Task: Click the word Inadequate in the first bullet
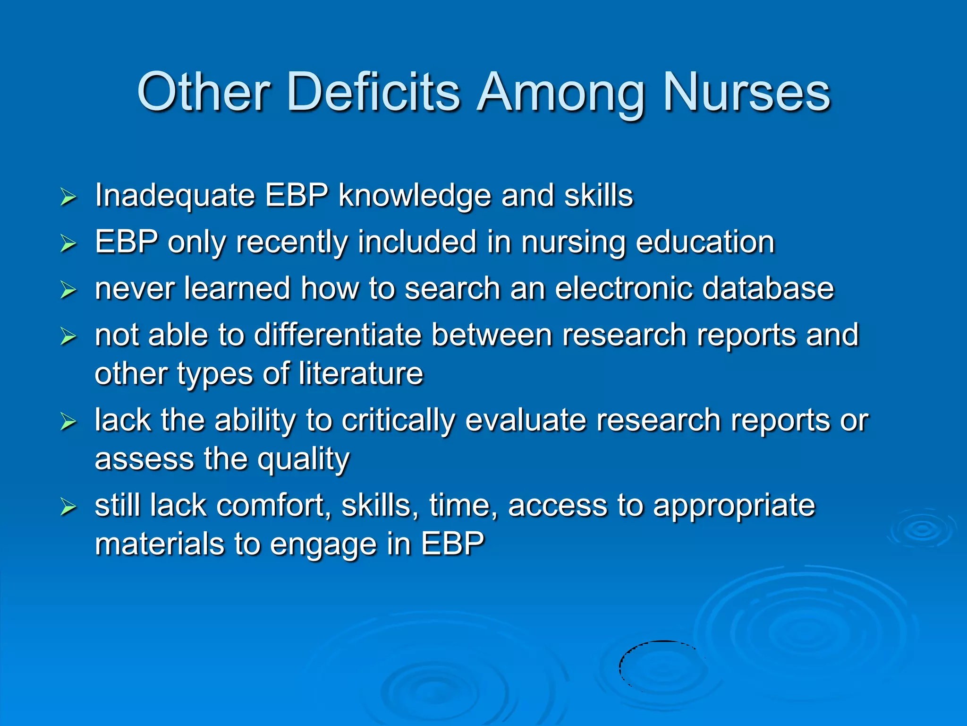coord(175,196)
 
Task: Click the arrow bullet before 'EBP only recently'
coord(68,243)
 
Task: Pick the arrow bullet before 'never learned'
coord(68,290)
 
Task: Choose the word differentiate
coord(338,335)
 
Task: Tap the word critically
coord(398,421)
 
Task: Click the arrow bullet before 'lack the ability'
coord(68,422)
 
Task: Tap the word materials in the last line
coord(159,544)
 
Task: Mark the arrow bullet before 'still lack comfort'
coord(68,507)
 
